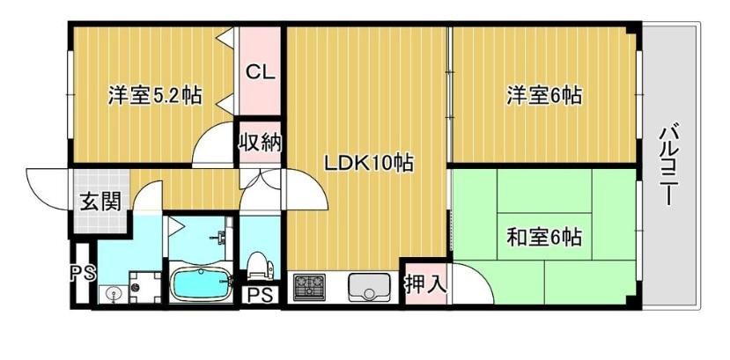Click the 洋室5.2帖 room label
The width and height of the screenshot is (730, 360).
(x=155, y=96)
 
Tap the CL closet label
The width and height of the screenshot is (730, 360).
(x=261, y=72)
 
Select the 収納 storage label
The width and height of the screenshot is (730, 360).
(x=261, y=142)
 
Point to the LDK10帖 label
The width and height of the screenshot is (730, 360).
(x=369, y=163)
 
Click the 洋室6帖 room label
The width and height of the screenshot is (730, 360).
(x=544, y=96)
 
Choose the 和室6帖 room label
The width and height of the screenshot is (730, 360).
(x=544, y=238)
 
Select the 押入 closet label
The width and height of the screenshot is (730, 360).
(x=425, y=283)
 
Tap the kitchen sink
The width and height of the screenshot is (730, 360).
(x=369, y=287)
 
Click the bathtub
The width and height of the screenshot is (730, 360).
(x=202, y=284)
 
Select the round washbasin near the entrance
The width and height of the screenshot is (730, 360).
(x=113, y=294)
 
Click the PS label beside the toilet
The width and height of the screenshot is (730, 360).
(x=260, y=297)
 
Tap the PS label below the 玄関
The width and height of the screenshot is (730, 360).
(x=83, y=273)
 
